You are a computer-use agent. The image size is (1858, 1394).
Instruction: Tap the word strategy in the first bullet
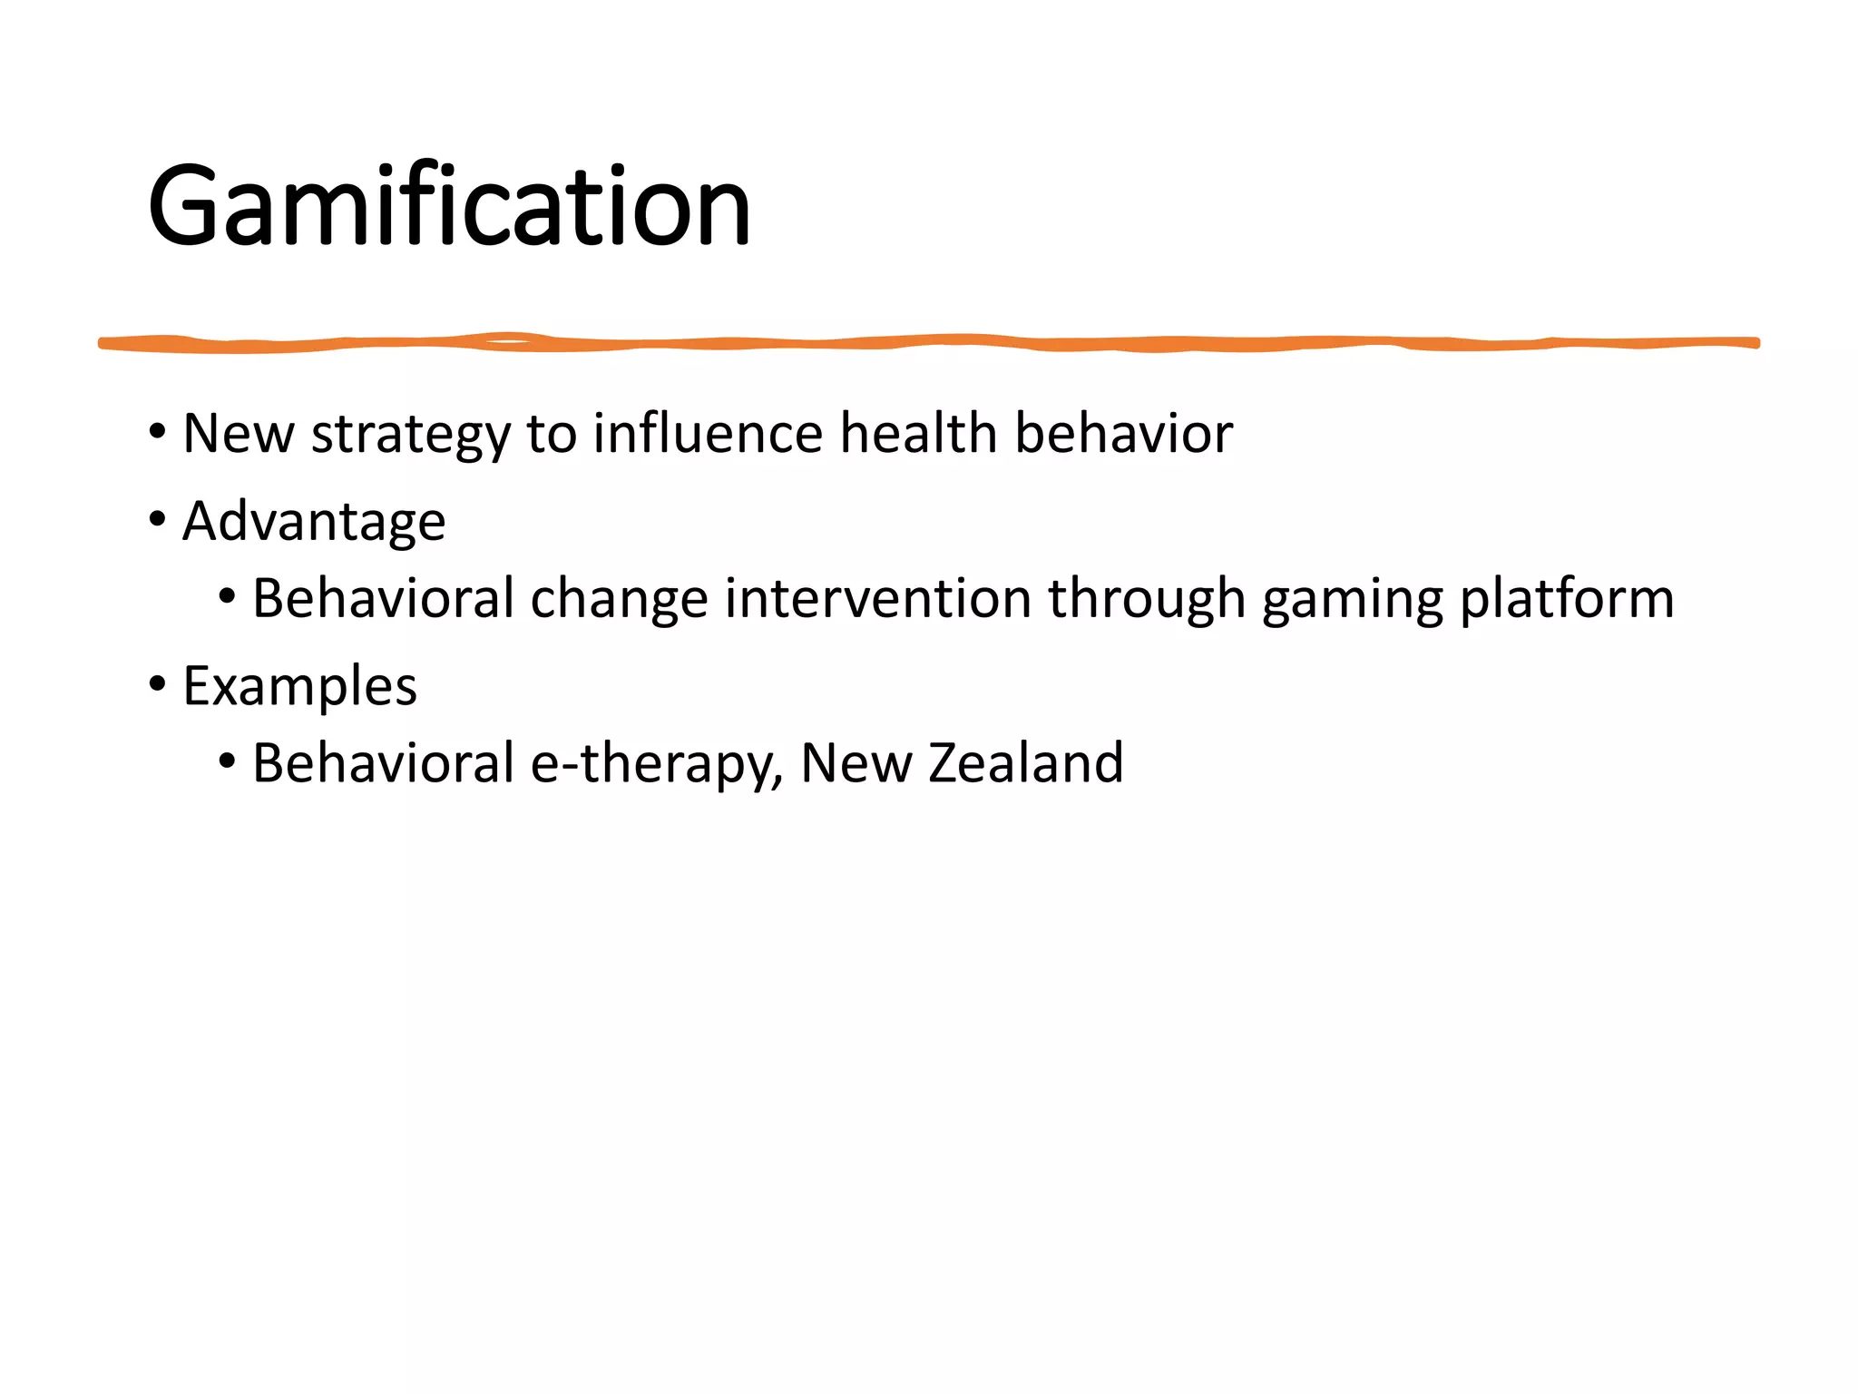pyautogui.click(x=411, y=434)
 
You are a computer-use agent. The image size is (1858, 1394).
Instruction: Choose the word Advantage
pyautogui.click(x=314, y=522)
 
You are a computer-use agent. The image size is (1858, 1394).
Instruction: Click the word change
pyautogui.click(x=619, y=599)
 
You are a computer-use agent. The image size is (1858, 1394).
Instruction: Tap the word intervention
pyautogui.click(x=878, y=599)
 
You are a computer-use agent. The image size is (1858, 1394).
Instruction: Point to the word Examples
pyautogui.click(x=299, y=686)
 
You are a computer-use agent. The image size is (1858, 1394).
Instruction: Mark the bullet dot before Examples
pyautogui.click(x=158, y=685)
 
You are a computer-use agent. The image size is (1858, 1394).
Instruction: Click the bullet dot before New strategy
pyautogui.click(x=158, y=432)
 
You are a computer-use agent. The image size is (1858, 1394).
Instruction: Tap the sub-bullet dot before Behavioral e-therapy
pyautogui.click(x=227, y=761)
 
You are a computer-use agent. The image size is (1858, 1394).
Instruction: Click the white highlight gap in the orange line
pyautogui.click(x=510, y=341)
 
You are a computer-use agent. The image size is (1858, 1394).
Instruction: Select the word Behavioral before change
pyautogui.click(x=384, y=599)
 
